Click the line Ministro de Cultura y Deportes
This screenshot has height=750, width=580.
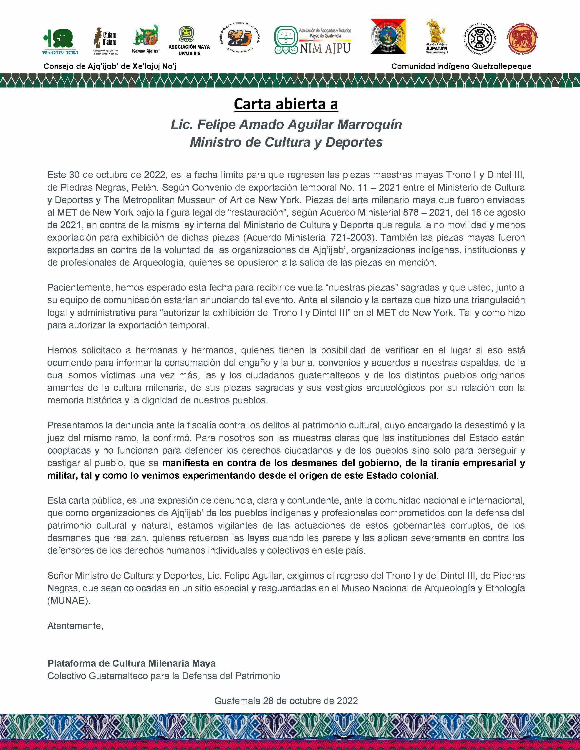pos(286,142)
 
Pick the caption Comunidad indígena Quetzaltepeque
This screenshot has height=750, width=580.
pos(461,66)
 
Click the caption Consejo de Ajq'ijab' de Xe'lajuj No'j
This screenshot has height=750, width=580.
pos(110,66)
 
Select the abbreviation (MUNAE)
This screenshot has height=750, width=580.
pos(69,601)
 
